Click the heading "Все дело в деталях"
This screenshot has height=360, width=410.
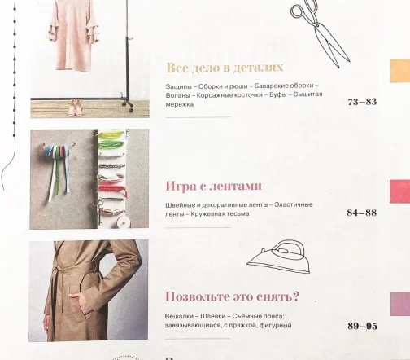(x=225, y=68)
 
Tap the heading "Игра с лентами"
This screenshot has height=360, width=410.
(x=214, y=187)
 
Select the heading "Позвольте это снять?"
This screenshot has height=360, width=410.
(x=232, y=296)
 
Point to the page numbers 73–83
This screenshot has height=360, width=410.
(x=362, y=102)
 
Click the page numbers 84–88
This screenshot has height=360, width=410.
(x=362, y=213)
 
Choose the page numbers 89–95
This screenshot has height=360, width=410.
(x=362, y=326)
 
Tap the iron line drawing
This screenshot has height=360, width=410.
(x=279, y=257)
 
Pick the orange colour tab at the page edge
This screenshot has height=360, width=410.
(x=400, y=71)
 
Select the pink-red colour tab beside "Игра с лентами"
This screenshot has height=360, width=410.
(x=400, y=191)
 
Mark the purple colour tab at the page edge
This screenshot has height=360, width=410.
(x=400, y=304)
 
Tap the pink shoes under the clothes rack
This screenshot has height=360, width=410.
(x=75, y=108)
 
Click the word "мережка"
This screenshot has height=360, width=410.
(x=180, y=104)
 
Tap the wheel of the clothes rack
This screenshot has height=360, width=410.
(x=131, y=110)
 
